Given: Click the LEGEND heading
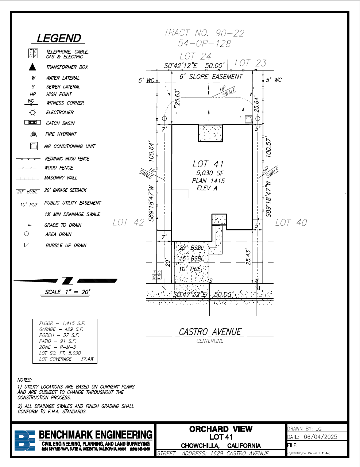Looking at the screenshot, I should tap(59, 38).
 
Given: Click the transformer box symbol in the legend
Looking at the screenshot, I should tap(33, 67).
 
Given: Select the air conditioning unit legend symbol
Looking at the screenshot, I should tap(34, 146).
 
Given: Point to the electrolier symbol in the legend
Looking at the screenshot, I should tap(33, 112).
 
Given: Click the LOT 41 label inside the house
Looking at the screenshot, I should tap(208, 164).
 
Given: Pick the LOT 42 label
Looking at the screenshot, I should tap(128, 222).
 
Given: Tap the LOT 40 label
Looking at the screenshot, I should tap(291, 222).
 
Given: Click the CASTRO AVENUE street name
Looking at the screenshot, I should tap(210, 332).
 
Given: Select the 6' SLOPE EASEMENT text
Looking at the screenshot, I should tap(211, 77).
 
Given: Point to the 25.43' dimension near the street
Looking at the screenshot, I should tap(248, 257).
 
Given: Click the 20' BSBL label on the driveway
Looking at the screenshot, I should tap(191, 248).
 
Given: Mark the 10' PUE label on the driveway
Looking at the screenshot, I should tap(190, 269).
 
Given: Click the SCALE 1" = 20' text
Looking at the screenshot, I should tap(67, 292).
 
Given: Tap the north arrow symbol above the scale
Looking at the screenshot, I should tap(67, 281).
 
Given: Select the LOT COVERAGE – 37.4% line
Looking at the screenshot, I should tap(66, 359).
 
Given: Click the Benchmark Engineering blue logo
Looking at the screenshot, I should tap(25, 440).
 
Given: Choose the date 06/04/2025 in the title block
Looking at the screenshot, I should tap(320, 437).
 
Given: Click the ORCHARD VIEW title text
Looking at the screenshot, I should tap(221, 429).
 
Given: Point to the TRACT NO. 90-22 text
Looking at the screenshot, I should tap(204, 33).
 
